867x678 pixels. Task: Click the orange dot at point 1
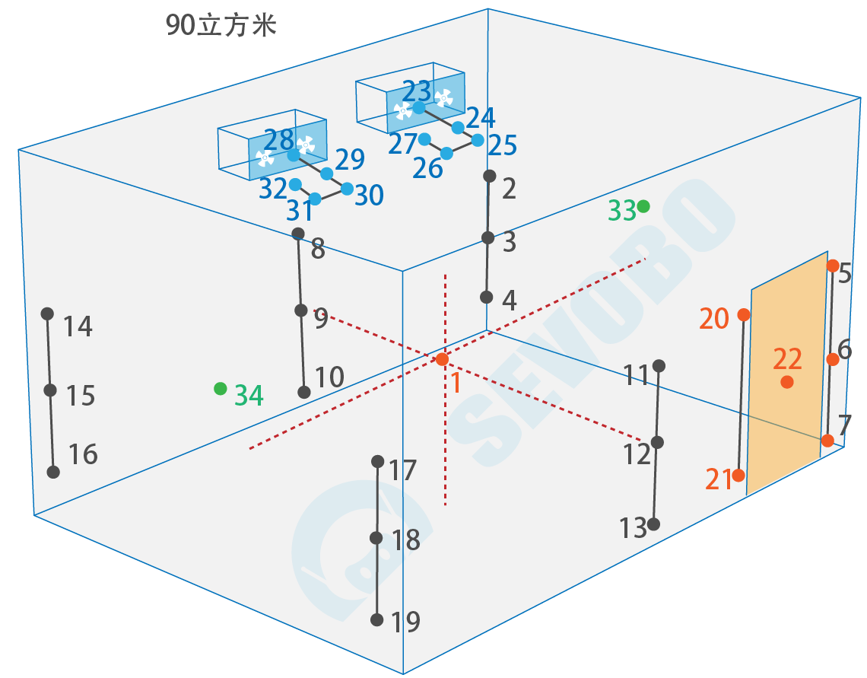click(x=443, y=359)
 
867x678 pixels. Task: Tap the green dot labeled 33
click(x=644, y=206)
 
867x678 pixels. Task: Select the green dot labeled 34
click(x=221, y=389)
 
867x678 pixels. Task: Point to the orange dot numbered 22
click(x=787, y=382)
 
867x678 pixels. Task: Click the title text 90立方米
click(x=221, y=26)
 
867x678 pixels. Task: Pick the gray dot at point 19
click(x=376, y=620)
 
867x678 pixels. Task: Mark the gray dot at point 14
click(x=47, y=314)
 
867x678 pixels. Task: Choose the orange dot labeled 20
click(x=744, y=314)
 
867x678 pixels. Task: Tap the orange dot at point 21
click(x=738, y=476)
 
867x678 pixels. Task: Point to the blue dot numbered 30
click(x=347, y=188)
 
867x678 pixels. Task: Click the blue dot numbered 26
click(x=446, y=154)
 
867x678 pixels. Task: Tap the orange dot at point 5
click(x=833, y=266)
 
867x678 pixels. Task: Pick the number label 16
click(x=83, y=455)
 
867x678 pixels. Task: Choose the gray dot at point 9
click(x=301, y=310)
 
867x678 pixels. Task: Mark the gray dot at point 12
click(x=658, y=442)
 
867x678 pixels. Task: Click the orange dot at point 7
click(x=827, y=440)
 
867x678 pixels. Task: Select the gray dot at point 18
click(x=376, y=538)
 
